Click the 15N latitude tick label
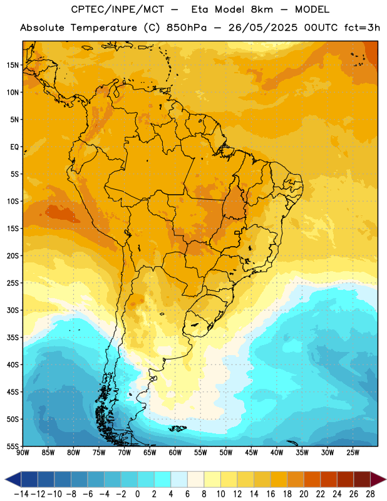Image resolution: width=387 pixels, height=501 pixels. click(13, 65)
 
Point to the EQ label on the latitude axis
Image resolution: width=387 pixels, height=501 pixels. click(14, 147)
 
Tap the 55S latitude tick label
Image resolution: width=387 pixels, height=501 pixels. click(13, 446)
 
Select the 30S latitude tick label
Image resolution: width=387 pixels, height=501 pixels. click(13, 310)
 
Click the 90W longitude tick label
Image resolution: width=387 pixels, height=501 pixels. click(23, 453)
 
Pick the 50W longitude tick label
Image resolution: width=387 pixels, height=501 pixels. click(226, 453)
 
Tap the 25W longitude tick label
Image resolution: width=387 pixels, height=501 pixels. click(353, 453)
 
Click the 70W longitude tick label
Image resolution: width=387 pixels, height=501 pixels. click(125, 453)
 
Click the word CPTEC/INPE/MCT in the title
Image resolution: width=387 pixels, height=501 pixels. click(117, 9)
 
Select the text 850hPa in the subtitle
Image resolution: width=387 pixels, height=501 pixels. click(187, 28)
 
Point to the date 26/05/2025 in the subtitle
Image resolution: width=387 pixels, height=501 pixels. click(262, 28)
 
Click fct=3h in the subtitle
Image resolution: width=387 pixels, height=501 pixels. click(362, 28)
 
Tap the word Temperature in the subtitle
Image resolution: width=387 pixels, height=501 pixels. click(104, 28)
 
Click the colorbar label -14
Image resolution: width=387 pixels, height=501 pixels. click(21, 494)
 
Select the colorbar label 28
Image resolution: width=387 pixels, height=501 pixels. click(370, 494)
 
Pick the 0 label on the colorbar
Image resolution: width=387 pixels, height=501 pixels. click(137, 494)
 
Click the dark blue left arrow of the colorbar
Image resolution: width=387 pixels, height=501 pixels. click(13, 479)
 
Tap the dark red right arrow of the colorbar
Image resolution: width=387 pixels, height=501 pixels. click(378, 479)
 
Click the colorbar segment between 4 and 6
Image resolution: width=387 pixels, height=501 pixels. click(179, 479)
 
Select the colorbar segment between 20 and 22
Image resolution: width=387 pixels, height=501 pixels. click(312, 479)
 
